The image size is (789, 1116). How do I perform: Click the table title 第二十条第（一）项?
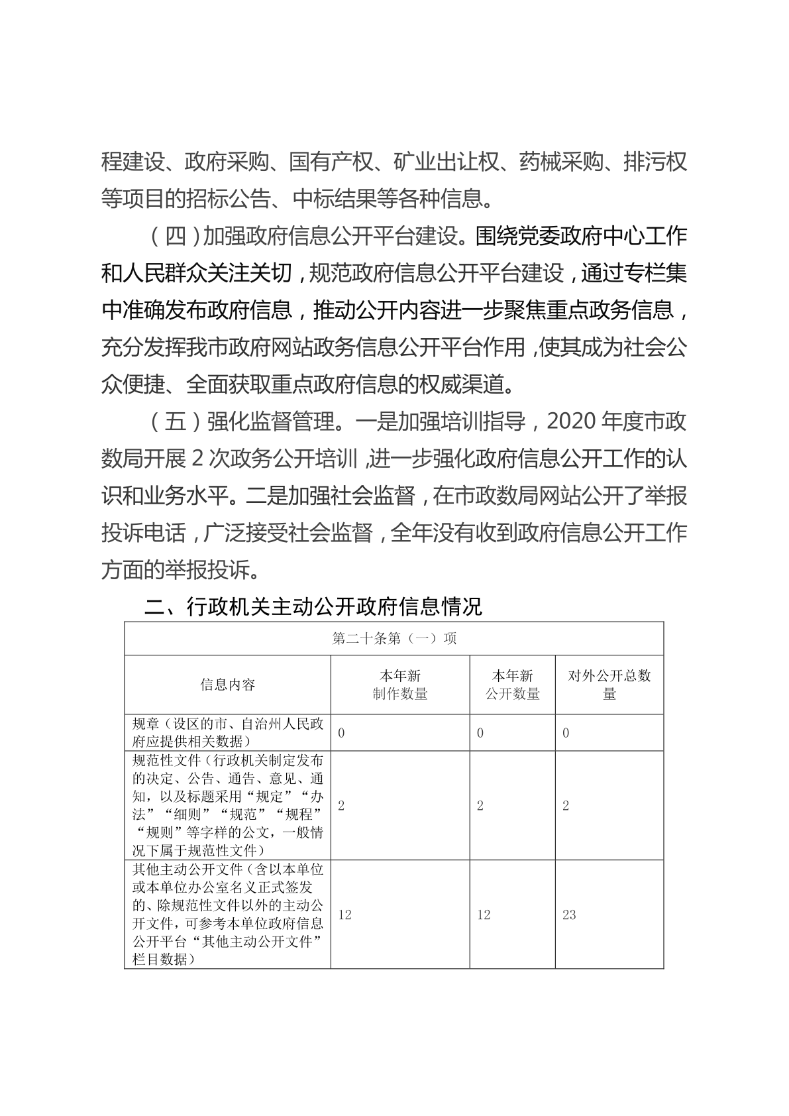(x=394, y=639)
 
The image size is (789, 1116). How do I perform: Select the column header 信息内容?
(x=228, y=685)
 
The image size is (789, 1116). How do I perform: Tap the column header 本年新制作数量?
(x=400, y=685)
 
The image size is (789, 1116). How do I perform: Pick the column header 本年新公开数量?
(x=513, y=685)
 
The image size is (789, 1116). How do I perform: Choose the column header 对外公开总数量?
(x=609, y=685)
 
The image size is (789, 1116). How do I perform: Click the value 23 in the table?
(x=569, y=915)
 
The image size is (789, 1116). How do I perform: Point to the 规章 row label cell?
(x=228, y=732)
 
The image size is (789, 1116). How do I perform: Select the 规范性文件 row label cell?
(x=228, y=805)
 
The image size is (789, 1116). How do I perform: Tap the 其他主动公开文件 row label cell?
(x=228, y=914)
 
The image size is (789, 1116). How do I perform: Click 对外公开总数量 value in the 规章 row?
(x=566, y=733)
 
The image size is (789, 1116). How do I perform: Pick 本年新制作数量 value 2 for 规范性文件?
(x=341, y=806)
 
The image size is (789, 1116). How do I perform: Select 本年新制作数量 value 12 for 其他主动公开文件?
(x=344, y=915)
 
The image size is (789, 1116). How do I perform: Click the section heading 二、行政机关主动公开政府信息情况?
(x=313, y=606)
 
